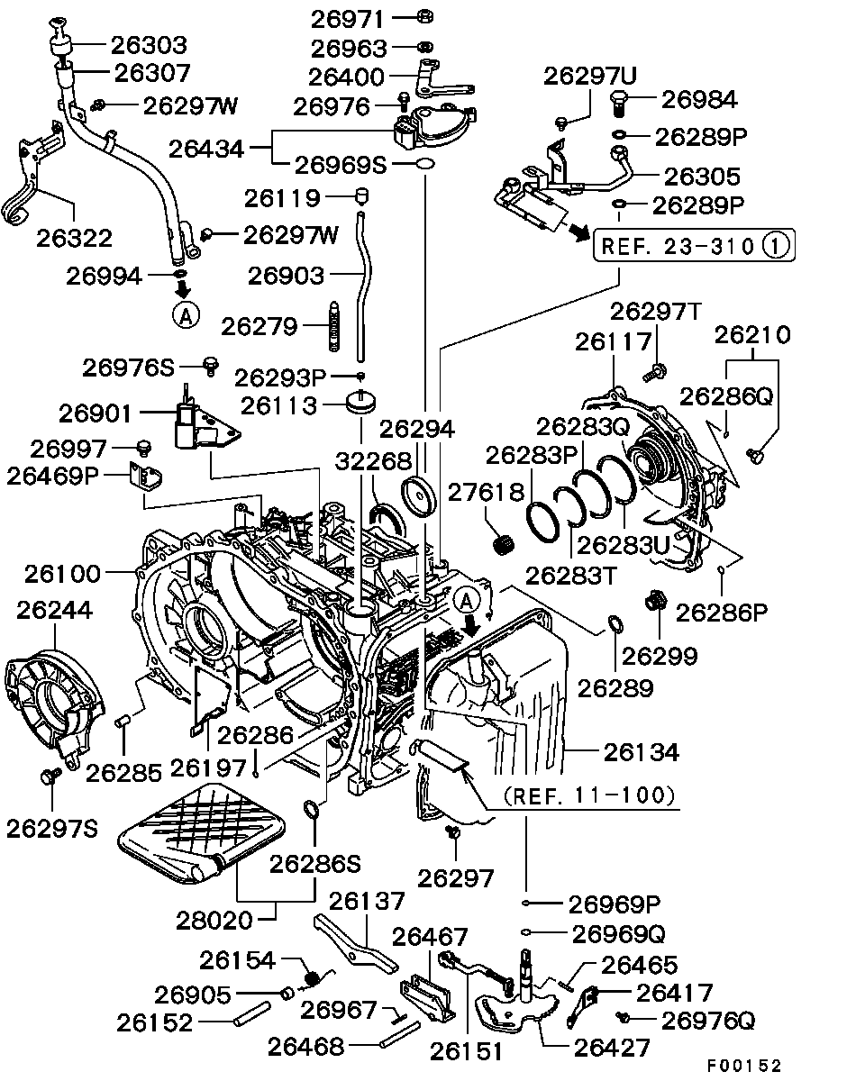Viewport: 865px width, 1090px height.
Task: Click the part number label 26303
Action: [149, 44]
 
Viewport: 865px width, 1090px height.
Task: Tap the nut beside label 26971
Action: [425, 16]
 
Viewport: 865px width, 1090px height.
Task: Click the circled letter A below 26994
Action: [184, 314]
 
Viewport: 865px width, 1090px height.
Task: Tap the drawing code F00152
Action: [743, 1066]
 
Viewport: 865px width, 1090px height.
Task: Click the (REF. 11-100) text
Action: [588, 795]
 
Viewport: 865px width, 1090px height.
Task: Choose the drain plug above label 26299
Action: [655, 599]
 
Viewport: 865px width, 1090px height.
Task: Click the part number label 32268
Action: [375, 461]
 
